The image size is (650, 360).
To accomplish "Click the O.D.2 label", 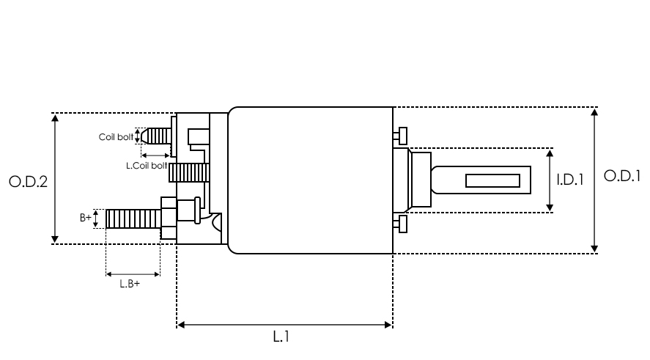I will pos(28,181).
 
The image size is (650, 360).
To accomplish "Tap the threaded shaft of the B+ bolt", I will pos(132,218).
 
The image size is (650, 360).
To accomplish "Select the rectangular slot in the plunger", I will pos(492,180).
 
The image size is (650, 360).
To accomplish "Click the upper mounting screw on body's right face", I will pos(400,136).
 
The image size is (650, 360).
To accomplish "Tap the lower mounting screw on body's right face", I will pos(400,224).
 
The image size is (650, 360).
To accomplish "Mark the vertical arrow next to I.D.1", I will pos(550,180).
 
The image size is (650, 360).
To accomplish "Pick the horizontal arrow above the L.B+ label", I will pos(133,275).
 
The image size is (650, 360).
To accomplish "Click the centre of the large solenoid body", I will pos(311,180).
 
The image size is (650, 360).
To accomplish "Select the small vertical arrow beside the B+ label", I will pos(96,218).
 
